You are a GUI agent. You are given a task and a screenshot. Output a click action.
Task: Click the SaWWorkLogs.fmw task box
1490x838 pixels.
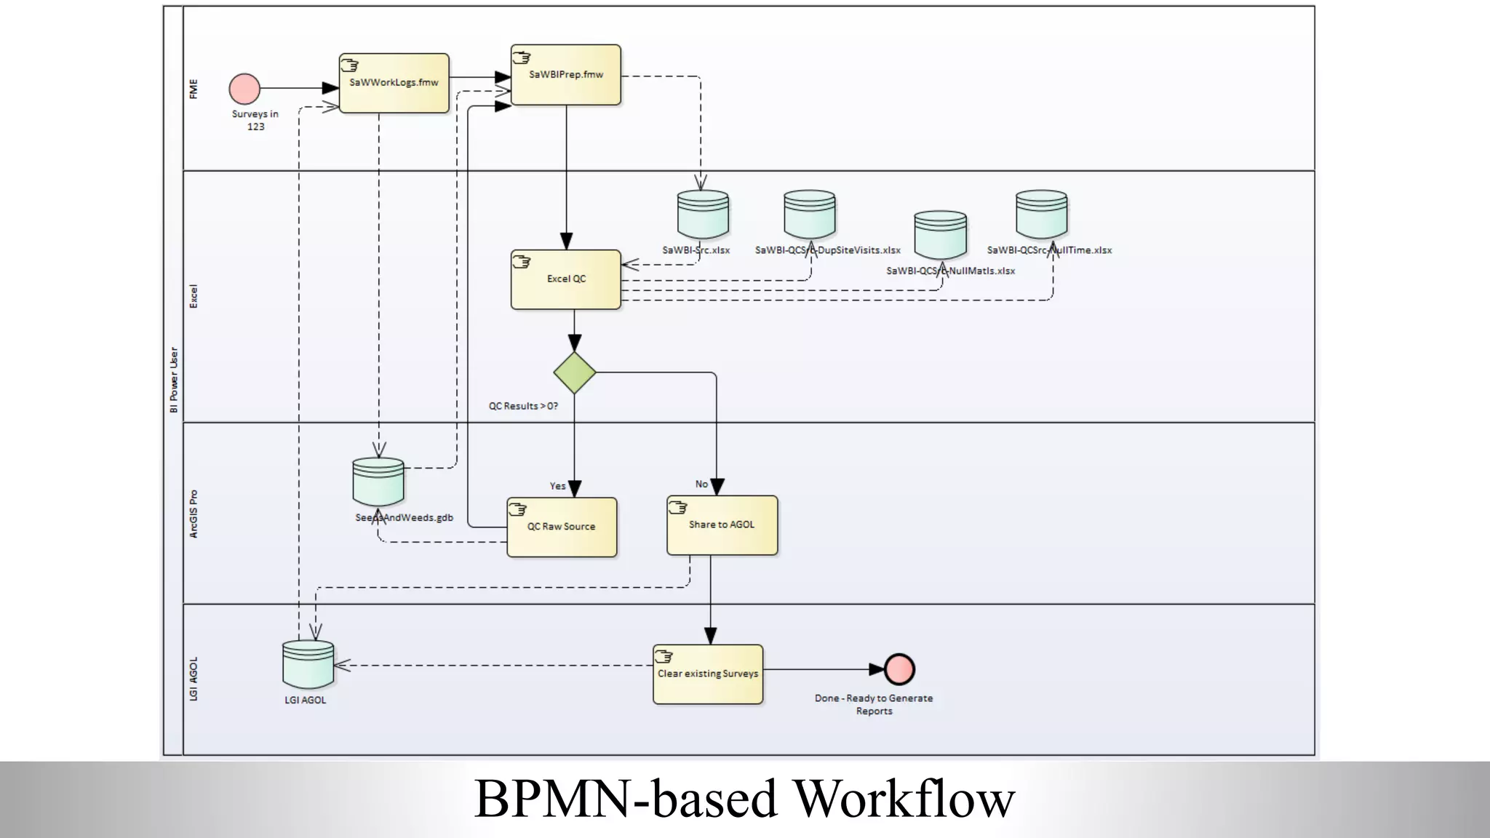click(394, 83)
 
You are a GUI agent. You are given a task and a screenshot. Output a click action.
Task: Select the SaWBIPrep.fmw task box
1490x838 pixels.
click(566, 75)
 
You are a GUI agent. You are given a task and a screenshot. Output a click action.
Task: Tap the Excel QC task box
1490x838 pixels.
click(566, 279)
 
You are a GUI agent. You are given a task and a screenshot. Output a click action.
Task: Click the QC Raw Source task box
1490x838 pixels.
click(562, 527)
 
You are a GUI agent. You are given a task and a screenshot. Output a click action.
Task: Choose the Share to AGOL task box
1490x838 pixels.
click(722, 524)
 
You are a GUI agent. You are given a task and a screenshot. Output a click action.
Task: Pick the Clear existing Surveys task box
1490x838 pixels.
click(708, 674)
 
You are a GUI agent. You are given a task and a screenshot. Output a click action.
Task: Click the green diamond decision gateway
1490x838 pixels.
click(575, 373)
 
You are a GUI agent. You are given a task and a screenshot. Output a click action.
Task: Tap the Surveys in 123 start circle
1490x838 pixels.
click(244, 89)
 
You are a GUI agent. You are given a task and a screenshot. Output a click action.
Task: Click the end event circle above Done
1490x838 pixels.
click(899, 669)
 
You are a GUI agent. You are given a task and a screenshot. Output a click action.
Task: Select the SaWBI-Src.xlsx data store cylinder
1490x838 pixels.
click(703, 215)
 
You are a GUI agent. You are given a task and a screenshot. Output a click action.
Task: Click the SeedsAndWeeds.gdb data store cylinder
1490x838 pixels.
click(378, 481)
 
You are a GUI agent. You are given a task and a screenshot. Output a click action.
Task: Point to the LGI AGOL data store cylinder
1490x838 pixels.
click(308, 664)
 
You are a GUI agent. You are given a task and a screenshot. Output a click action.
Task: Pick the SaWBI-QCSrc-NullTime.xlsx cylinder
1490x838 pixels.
click(1041, 214)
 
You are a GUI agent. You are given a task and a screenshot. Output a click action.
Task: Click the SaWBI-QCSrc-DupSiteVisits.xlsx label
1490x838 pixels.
click(827, 250)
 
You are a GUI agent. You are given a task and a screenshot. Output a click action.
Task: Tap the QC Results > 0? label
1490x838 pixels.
click(523, 406)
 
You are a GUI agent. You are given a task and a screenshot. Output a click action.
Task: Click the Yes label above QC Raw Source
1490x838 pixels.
click(557, 486)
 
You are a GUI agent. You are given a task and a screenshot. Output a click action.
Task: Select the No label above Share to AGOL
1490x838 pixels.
click(701, 484)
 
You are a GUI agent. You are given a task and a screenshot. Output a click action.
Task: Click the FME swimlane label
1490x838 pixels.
click(194, 89)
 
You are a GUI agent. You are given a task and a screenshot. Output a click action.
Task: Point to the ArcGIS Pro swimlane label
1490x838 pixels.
click(194, 514)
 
